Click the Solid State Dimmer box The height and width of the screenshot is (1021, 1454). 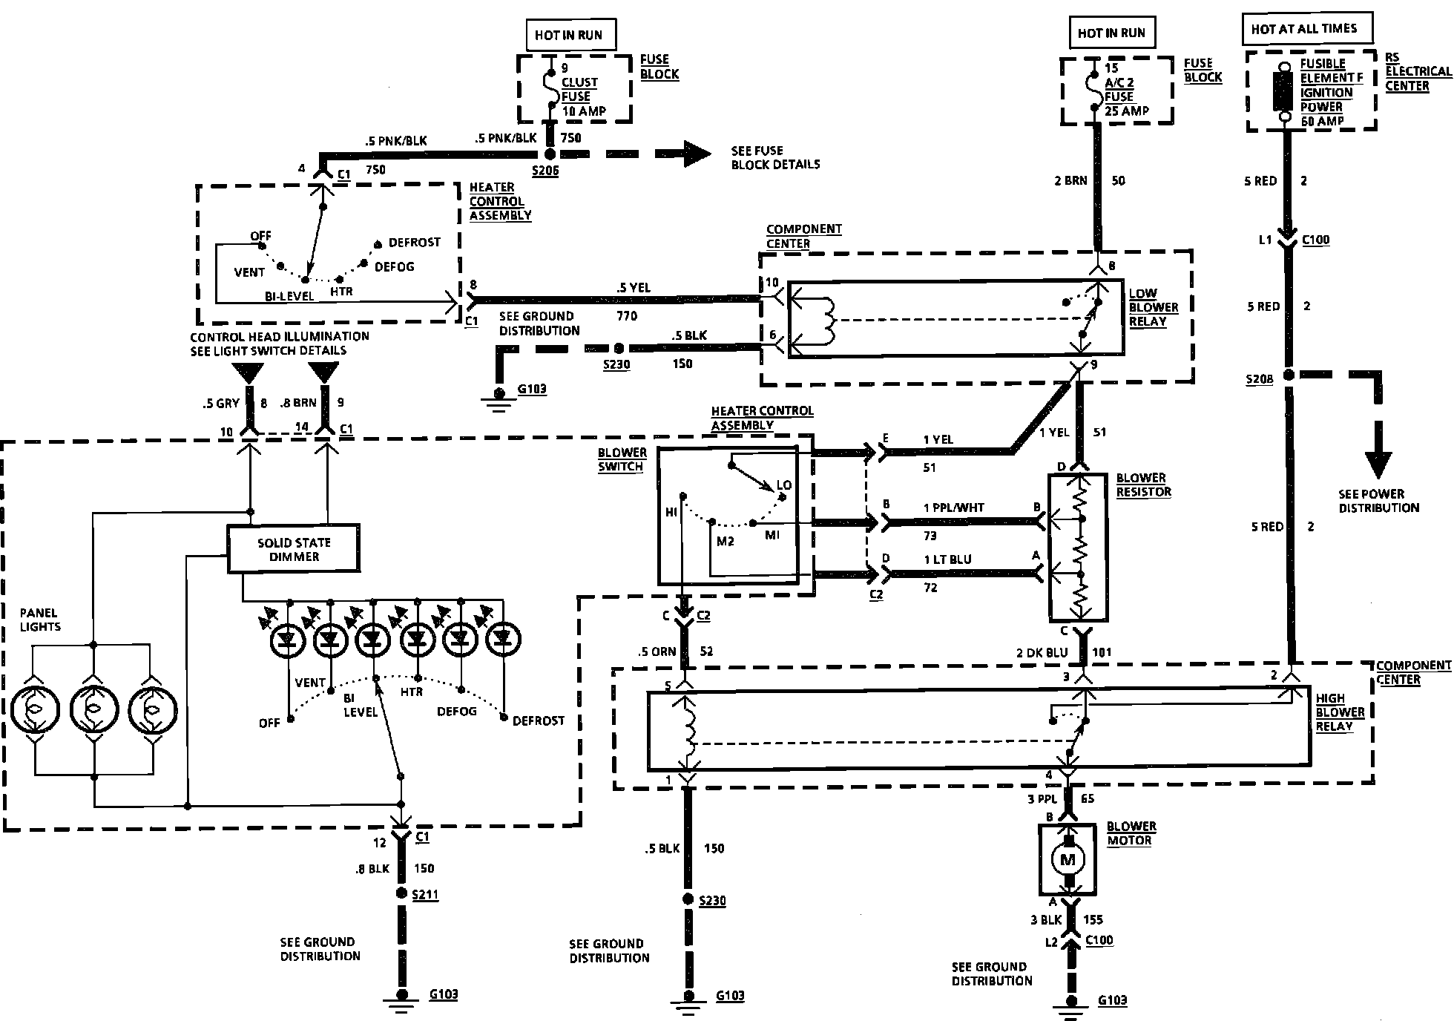[294, 549]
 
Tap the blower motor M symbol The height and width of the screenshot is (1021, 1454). [1068, 859]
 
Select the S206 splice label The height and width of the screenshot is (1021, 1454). [545, 171]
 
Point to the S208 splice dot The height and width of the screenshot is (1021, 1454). [1289, 375]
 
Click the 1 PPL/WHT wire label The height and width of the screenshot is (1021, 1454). [953, 508]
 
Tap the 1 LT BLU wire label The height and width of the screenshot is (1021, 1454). [947, 559]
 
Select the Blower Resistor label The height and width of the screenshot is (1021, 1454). [1143, 485]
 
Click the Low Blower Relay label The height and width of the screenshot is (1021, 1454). [1153, 307]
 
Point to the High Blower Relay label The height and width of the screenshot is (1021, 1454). [1339, 712]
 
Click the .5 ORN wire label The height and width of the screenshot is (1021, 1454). [657, 651]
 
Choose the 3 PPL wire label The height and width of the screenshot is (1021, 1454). [1042, 798]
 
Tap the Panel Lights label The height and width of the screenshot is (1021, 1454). [40, 620]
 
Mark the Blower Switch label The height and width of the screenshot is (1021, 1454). [622, 459]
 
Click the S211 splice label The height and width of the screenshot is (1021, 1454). [425, 895]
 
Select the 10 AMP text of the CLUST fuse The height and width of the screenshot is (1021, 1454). [584, 111]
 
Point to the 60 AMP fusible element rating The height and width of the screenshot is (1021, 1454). [1321, 120]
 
